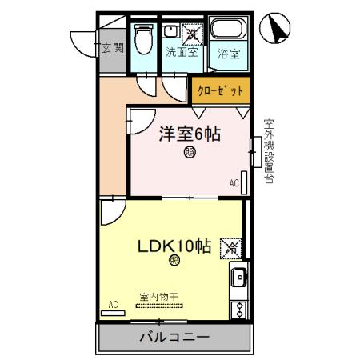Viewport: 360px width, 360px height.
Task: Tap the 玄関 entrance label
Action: [x=112, y=48]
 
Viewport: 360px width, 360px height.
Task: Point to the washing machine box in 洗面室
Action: [x=193, y=33]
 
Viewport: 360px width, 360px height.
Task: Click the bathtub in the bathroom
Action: [x=230, y=34]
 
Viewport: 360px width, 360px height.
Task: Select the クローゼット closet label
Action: [x=220, y=90]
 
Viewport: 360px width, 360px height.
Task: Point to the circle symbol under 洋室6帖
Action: [x=190, y=153]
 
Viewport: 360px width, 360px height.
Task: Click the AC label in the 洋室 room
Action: [x=234, y=183]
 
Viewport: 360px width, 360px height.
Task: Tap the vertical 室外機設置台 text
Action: [x=269, y=152]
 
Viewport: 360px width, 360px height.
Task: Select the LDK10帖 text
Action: [x=175, y=246]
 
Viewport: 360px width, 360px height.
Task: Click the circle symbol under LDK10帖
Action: [x=174, y=261]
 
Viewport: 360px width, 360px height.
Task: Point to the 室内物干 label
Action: [x=158, y=296]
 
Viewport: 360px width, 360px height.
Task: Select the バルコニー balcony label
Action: [x=174, y=337]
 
